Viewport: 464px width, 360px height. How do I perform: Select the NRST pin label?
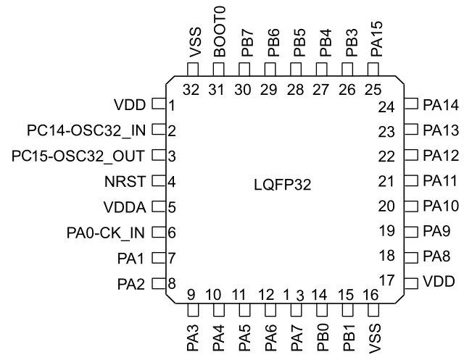(x=130, y=181)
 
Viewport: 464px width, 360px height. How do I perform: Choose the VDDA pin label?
(x=126, y=207)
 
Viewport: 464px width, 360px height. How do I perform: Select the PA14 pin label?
(x=441, y=106)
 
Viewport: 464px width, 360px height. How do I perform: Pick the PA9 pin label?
(x=437, y=233)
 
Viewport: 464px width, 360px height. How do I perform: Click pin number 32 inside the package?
(x=192, y=91)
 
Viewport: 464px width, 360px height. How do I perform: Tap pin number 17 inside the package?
(x=387, y=279)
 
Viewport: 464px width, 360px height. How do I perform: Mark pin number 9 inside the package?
(x=191, y=294)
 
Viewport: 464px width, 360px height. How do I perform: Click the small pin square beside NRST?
(x=158, y=181)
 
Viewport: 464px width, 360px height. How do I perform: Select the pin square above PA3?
(x=193, y=311)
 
